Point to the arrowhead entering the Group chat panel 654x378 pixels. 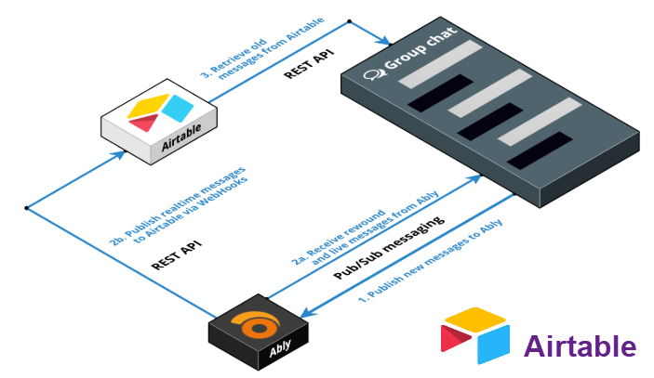[x=383, y=41]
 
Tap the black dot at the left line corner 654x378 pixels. [x=27, y=208]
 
